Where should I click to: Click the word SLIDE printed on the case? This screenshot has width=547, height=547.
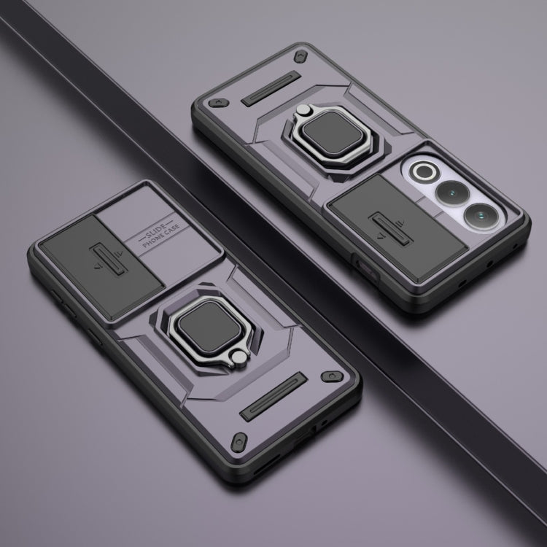coord(155,230)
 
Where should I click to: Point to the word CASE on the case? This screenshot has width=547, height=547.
coord(172,229)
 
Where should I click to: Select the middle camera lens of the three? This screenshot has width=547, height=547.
coord(451,193)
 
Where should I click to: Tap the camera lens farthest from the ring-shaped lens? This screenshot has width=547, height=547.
coord(481,217)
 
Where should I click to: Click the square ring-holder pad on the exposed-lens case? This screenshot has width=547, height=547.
coord(330,133)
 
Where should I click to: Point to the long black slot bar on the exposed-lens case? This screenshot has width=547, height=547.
coord(271,88)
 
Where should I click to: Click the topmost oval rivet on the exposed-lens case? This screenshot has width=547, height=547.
coord(300,56)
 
